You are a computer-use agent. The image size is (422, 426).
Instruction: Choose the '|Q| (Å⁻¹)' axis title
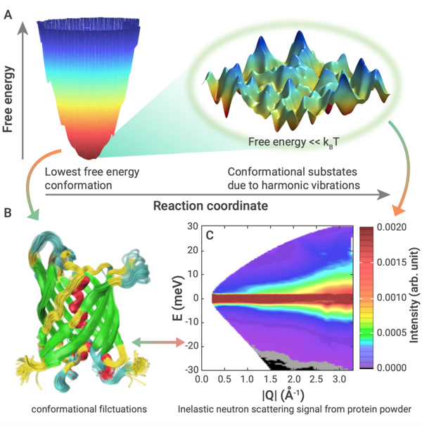click(x=264, y=393)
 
